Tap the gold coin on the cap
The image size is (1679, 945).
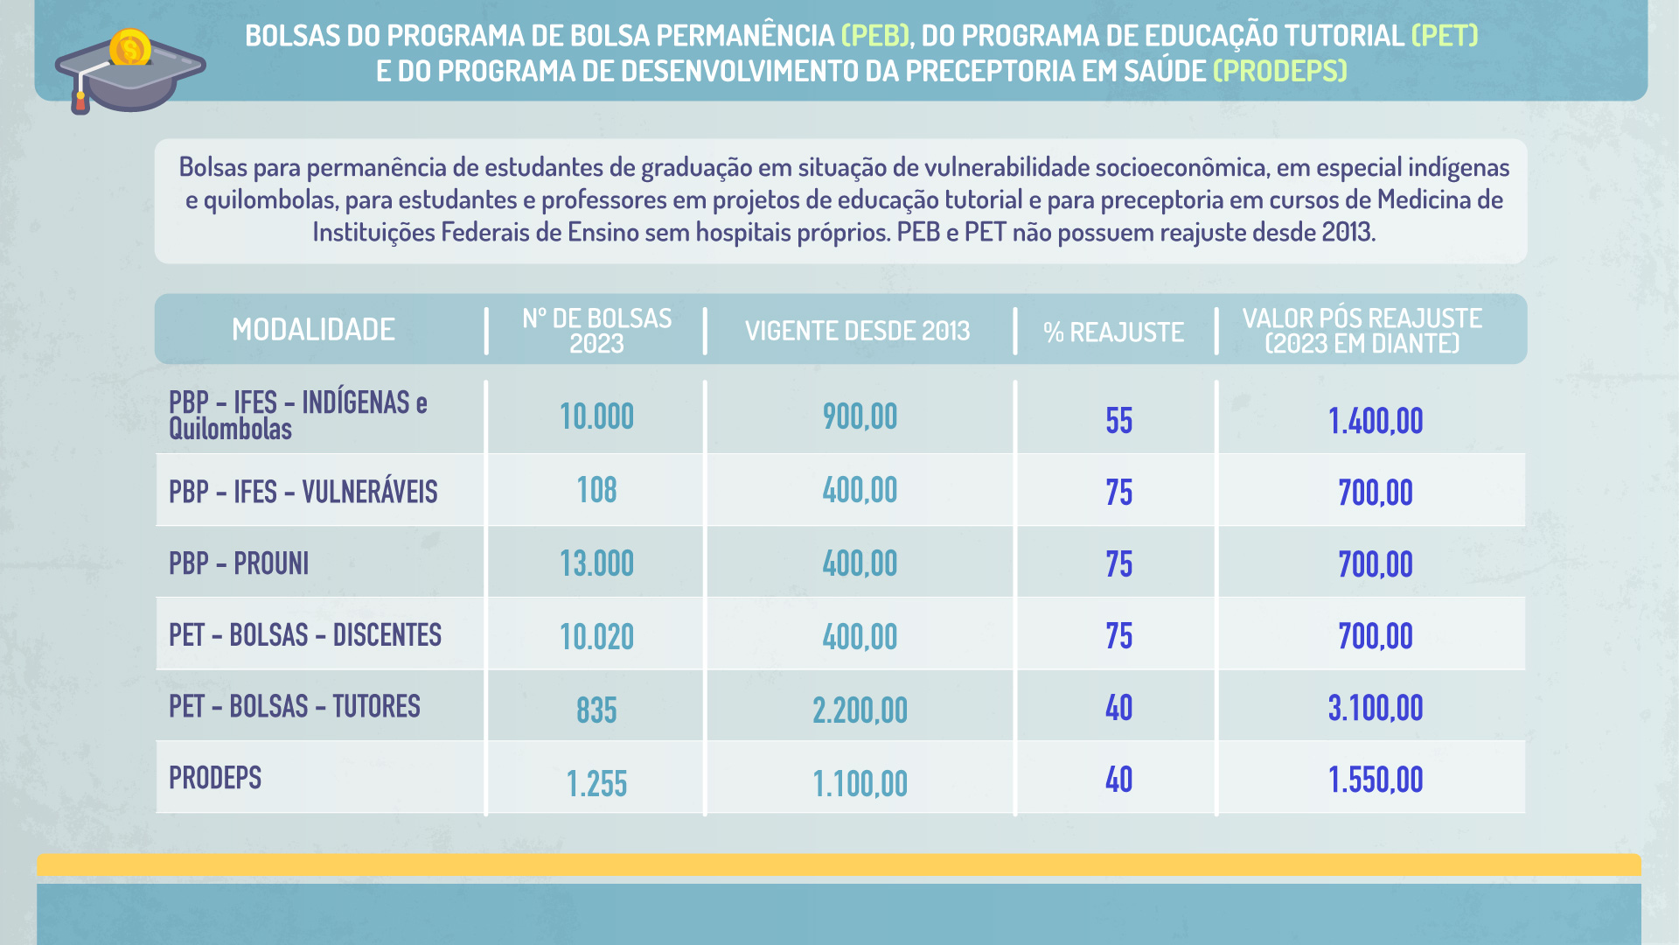click(130, 48)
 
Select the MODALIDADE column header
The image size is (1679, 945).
click(313, 330)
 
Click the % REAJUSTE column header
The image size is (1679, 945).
click(1113, 332)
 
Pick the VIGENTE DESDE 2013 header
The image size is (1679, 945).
click(857, 331)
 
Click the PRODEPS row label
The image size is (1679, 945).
click(215, 778)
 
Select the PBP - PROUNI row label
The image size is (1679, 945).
click(239, 563)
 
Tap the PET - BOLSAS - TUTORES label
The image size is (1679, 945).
click(294, 706)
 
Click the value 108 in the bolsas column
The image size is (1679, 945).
click(596, 490)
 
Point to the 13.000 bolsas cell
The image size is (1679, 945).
click(596, 563)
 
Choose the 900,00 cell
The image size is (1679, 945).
click(860, 416)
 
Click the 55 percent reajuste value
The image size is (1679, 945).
click(1118, 421)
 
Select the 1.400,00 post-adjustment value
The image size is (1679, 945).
click(1376, 421)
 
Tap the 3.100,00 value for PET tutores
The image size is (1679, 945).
click(1376, 708)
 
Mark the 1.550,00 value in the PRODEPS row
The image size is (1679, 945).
click(1376, 780)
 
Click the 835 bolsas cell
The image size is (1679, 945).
click(596, 710)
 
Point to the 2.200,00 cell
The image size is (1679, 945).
click(860, 710)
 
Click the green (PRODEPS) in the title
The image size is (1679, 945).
click(1280, 71)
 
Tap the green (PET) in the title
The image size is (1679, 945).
click(1445, 35)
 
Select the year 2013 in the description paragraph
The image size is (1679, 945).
click(1347, 232)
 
